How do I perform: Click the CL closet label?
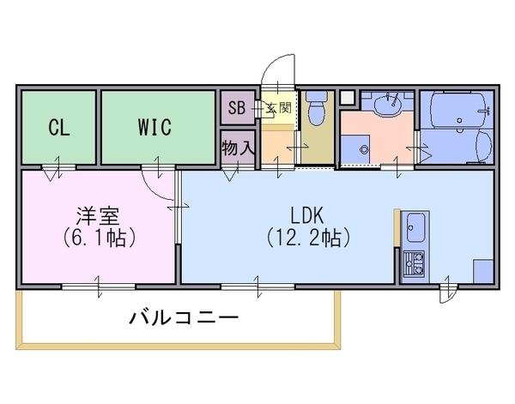59,128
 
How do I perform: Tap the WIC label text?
154,127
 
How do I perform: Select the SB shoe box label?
237,107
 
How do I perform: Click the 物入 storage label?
238,148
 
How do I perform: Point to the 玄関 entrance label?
279,107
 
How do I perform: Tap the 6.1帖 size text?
99,238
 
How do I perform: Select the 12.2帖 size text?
308,238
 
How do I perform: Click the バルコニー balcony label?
184,317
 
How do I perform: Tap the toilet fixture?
317,108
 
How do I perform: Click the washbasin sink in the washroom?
388,105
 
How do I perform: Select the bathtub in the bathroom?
457,111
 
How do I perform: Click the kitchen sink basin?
415,228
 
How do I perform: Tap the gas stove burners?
414,263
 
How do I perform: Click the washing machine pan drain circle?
363,149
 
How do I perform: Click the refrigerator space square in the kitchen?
483,271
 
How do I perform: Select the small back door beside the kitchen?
448,293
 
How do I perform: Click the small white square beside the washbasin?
347,98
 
